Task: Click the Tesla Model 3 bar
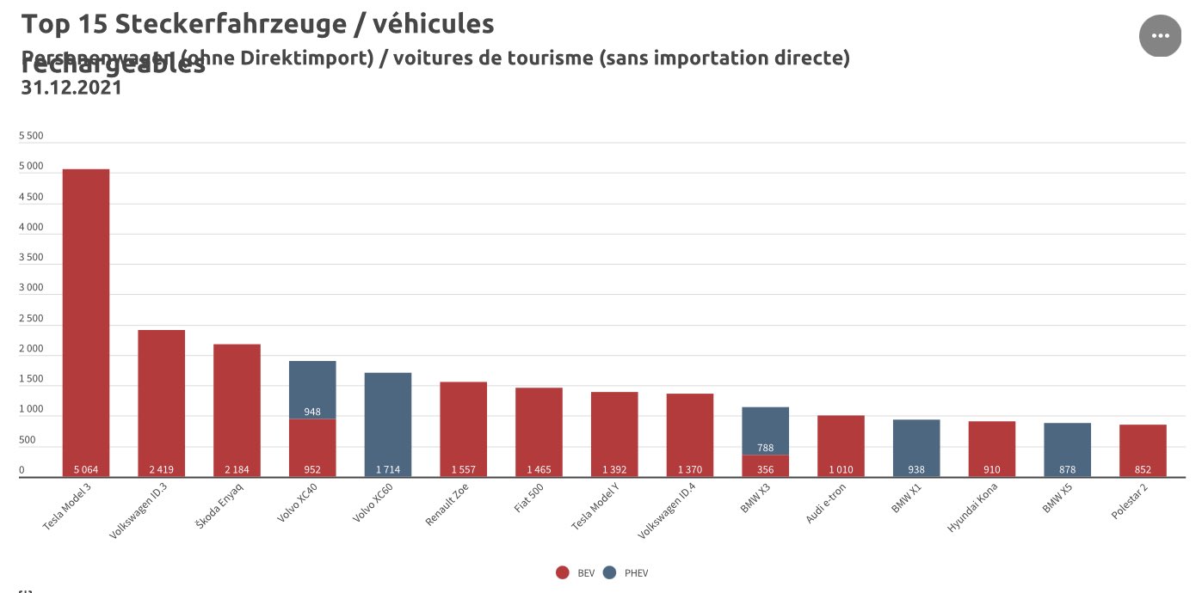coord(86,318)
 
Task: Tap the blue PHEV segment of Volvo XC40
coord(312,387)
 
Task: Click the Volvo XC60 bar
coord(388,421)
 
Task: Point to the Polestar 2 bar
coord(1143,447)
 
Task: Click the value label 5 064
coord(86,470)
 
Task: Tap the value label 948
coord(312,412)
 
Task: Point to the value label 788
coord(765,448)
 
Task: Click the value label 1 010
coord(841,470)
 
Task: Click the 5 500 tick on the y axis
coord(31,136)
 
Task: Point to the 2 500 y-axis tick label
coord(31,319)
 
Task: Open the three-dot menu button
coord(1160,36)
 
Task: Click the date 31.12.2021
coord(71,87)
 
